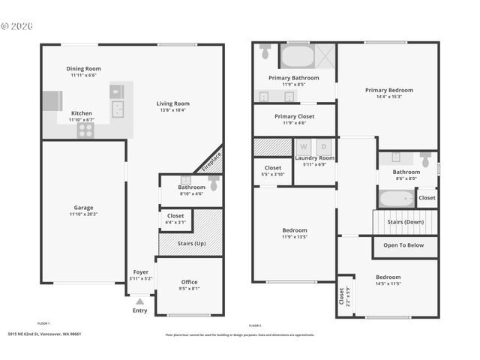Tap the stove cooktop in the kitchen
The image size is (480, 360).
85,130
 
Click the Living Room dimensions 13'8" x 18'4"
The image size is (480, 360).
172,110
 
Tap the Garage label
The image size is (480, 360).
83,207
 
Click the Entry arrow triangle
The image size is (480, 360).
139,301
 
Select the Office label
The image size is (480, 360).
190,282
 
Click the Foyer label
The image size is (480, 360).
140,271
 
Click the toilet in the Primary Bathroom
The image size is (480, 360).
265,52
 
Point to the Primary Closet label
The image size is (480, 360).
294,116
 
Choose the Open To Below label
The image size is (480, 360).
403,244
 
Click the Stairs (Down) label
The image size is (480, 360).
405,222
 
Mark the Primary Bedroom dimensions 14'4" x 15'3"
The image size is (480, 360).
388,96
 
